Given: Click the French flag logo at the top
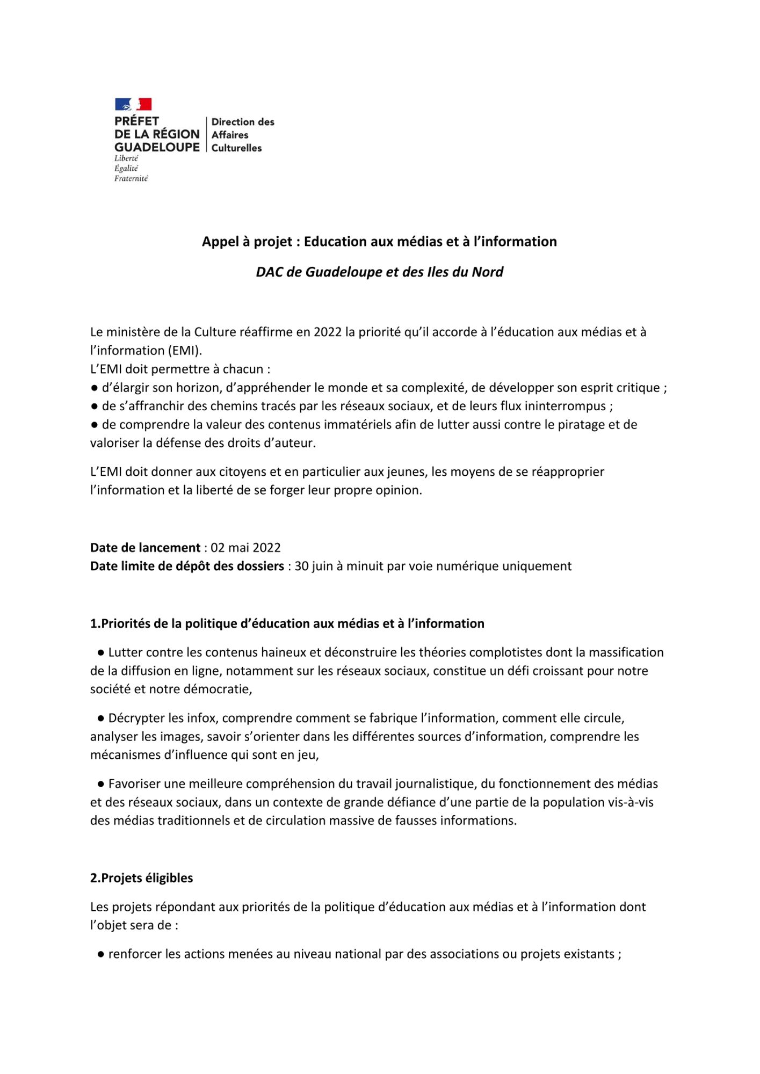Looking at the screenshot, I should tap(133, 104).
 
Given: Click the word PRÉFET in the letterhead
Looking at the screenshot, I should tap(136, 121).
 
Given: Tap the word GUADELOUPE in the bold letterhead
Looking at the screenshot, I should tap(157, 147).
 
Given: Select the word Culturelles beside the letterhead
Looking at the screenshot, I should tap(236, 148).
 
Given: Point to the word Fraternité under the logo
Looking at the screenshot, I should tap(131, 178).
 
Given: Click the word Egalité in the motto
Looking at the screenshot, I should tap(126, 169).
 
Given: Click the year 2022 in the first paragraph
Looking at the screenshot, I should tap(328, 332).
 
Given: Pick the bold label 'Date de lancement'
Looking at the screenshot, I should tap(145, 548).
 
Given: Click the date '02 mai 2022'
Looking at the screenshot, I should tap(245, 548).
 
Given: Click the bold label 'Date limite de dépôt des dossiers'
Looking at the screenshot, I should tap(187, 566).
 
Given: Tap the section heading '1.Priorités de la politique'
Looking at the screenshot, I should tap(287, 623).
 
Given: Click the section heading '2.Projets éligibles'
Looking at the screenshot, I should tap(141, 878).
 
